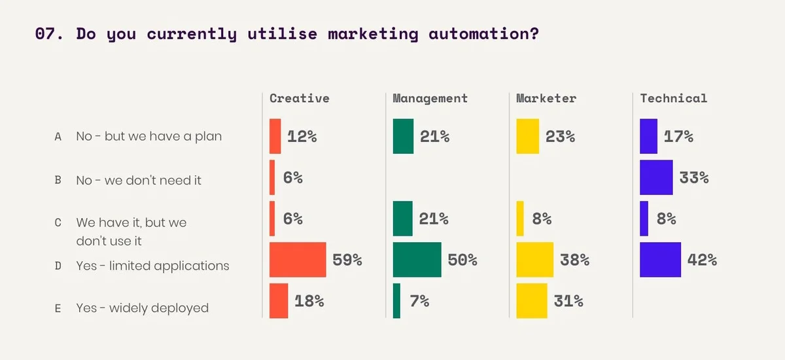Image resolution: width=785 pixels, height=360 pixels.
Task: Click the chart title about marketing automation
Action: (x=287, y=34)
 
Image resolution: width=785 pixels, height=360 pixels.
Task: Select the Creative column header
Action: (x=300, y=98)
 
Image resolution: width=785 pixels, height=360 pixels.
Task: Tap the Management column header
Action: (x=430, y=98)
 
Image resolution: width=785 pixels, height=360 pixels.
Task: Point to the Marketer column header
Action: (x=546, y=98)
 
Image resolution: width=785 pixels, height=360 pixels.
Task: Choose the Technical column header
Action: (x=673, y=98)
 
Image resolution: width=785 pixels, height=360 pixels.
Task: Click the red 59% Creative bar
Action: (x=298, y=259)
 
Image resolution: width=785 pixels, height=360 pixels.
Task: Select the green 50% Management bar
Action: (x=417, y=259)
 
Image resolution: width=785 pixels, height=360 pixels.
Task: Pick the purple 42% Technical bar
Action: (x=660, y=259)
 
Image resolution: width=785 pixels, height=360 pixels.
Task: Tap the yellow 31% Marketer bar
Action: (x=532, y=300)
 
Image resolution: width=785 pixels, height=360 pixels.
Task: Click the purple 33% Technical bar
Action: (x=656, y=177)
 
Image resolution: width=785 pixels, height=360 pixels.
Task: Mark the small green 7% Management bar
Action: (x=396, y=300)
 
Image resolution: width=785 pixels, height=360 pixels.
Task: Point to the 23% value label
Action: (x=560, y=136)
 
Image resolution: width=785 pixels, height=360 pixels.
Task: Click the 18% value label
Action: (x=309, y=300)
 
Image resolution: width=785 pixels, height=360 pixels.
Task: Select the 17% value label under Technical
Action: (x=679, y=136)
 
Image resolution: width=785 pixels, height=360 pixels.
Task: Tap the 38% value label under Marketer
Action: (x=574, y=259)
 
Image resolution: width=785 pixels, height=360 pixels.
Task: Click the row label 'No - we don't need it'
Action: (x=139, y=180)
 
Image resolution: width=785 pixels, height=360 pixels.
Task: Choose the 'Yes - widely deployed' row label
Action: (x=142, y=308)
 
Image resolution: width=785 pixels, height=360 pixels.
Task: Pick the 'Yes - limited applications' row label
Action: (x=152, y=266)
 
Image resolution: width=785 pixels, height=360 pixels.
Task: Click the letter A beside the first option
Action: (x=58, y=136)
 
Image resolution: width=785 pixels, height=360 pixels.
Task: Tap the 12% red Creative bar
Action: (x=275, y=136)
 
